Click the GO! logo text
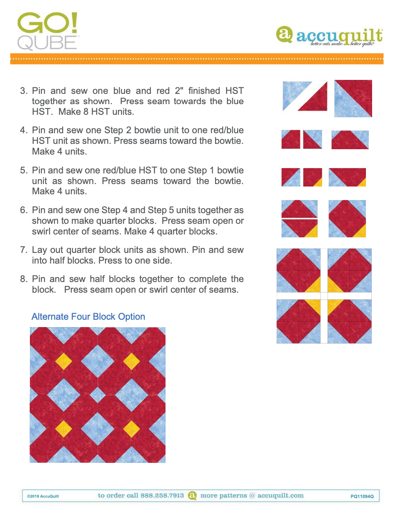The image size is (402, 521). (x=47, y=24)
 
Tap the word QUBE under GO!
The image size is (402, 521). (x=47, y=43)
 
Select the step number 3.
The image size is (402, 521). (x=24, y=91)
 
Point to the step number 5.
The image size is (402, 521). (x=24, y=170)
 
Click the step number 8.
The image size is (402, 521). (x=24, y=279)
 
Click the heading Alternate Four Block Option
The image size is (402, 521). (x=88, y=316)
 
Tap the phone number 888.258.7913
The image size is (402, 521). (x=162, y=496)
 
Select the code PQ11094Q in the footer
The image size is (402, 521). (x=362, y=496)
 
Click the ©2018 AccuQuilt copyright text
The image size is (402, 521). (x=43, y=496)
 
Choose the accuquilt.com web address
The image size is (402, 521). (x=281, y=496)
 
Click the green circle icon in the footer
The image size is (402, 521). (x=192, y=496)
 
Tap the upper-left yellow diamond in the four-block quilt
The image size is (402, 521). (x=64, y=361)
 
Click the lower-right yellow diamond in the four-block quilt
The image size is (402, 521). (x=131, y=429)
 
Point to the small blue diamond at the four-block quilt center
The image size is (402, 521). (x=98, y=395)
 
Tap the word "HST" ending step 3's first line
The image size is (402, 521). (x=234, y=91)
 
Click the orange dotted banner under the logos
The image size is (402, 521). (x=197, y=59)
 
